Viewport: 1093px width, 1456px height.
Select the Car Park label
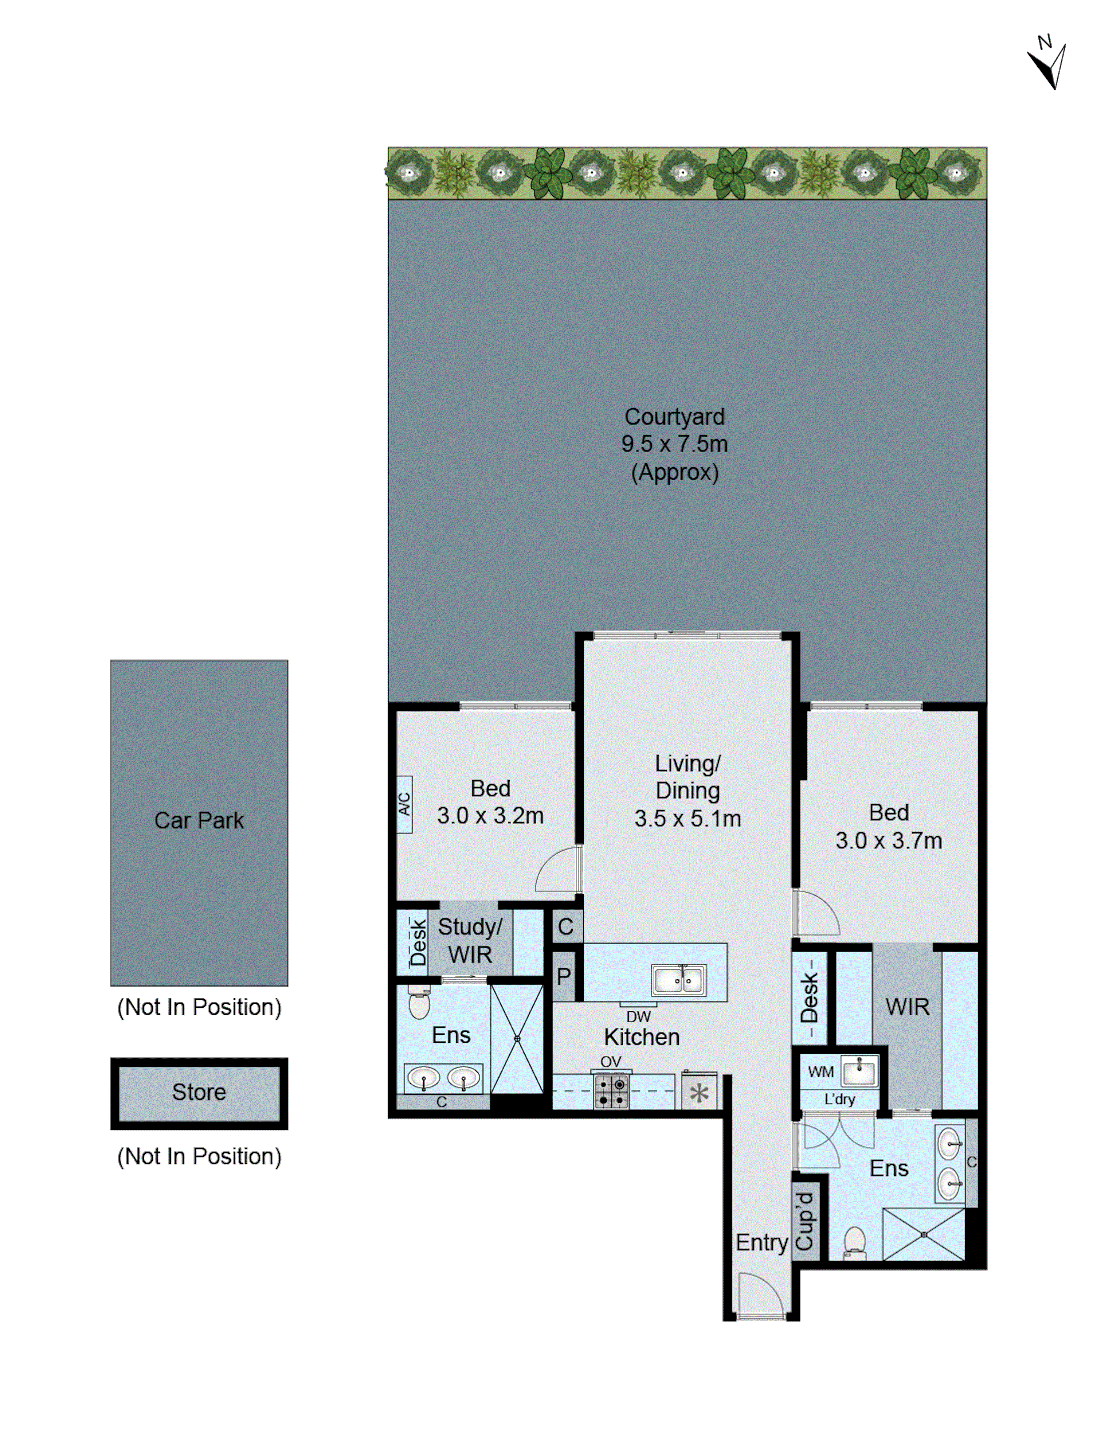pos(199,820)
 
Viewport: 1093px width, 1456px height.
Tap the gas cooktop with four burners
pos(611,1091)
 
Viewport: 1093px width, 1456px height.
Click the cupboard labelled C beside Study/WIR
pos(565,927)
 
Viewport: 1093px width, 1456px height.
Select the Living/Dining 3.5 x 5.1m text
pos(687,791)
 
